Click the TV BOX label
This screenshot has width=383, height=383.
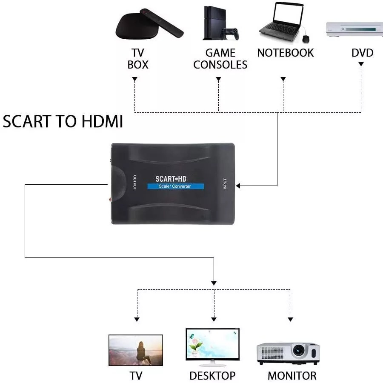(138, 59)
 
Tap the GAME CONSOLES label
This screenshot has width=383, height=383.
(220, 59)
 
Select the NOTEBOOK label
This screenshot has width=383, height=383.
(286, 53)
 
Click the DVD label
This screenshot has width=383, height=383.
(362, 53)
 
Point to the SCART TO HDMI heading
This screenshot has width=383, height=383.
(63, 122)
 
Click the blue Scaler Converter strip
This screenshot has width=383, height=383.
(175, 186)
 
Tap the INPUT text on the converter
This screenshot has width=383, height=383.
(225, 183)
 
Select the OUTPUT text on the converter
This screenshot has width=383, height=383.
(134, 183)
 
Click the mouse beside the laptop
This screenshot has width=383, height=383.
(306, 39)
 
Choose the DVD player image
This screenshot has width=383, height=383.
(354, 29)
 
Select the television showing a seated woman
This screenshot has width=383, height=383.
(136, 350)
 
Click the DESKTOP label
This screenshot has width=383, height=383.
(212, 376)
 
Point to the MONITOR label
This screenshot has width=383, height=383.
(292, 376)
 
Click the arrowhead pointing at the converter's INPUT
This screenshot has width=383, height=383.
(238, 186)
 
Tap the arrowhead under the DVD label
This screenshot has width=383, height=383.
(361, 64)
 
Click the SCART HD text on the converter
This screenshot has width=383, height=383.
(171, 179)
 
